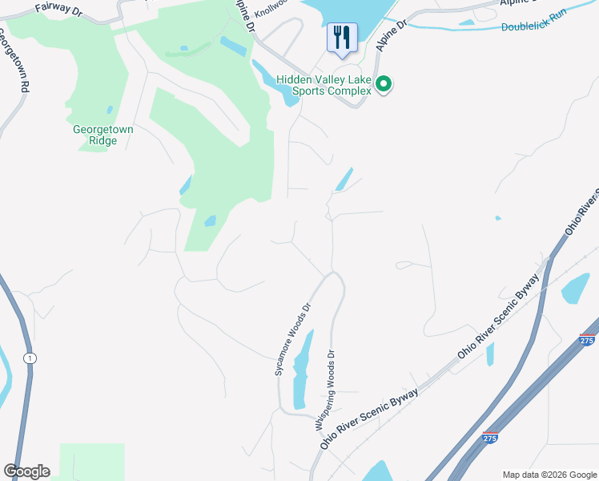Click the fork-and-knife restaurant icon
[342, 38]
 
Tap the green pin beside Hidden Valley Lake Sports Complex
[384, 83]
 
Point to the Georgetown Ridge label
[103, 135]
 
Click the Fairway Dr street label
[58, 9]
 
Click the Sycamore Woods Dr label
[291, 339]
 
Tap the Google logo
[26, 471]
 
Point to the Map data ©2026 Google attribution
[549, 475]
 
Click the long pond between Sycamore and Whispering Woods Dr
[301, 373]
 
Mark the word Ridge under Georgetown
[103, 141]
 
